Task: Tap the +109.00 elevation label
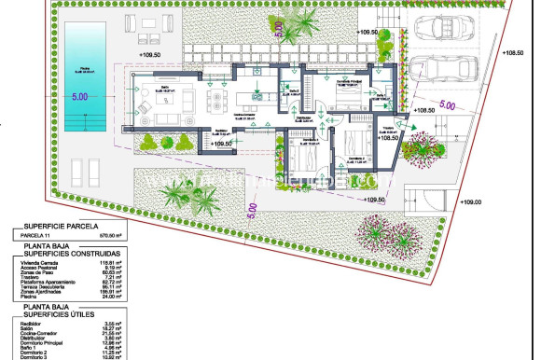(472, 201)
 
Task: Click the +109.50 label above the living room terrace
(151, 54)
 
